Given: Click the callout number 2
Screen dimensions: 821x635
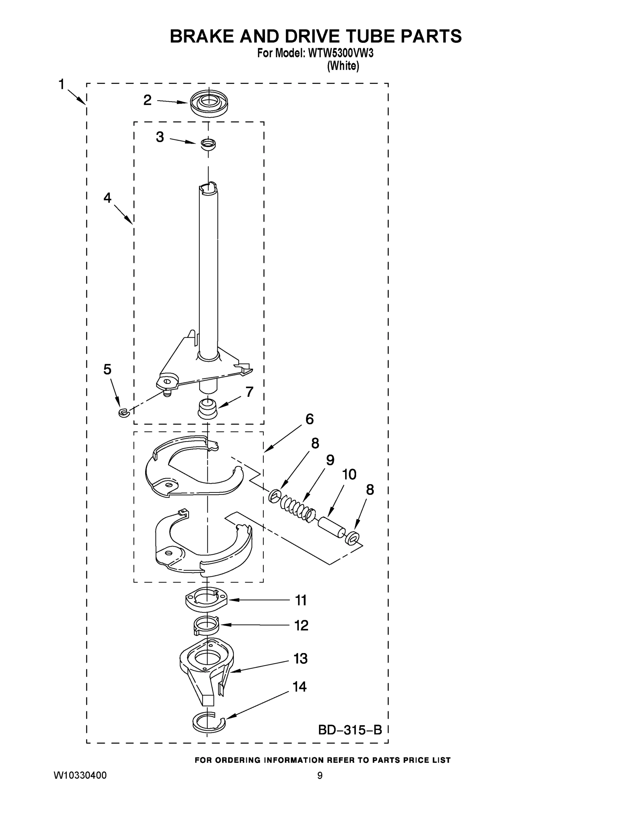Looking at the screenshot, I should coord(148,100).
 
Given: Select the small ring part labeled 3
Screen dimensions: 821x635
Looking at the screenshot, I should coord(208,144).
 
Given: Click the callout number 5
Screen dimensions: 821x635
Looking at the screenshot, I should coord(107,369).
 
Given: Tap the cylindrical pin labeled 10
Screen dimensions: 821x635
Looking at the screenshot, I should coord(331,528).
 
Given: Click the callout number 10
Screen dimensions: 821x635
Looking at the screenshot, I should coord(349,474).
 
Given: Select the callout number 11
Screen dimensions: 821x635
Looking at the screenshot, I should coord(301,600).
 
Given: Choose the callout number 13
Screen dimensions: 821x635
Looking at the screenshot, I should coord(301,658).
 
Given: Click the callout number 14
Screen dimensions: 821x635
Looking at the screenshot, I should coord(300,687).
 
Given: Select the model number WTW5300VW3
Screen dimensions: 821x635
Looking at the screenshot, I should coord(341,53).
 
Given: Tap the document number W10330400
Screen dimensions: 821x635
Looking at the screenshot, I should coord(80,775).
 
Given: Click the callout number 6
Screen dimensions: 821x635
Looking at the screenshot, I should coord(309,419).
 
